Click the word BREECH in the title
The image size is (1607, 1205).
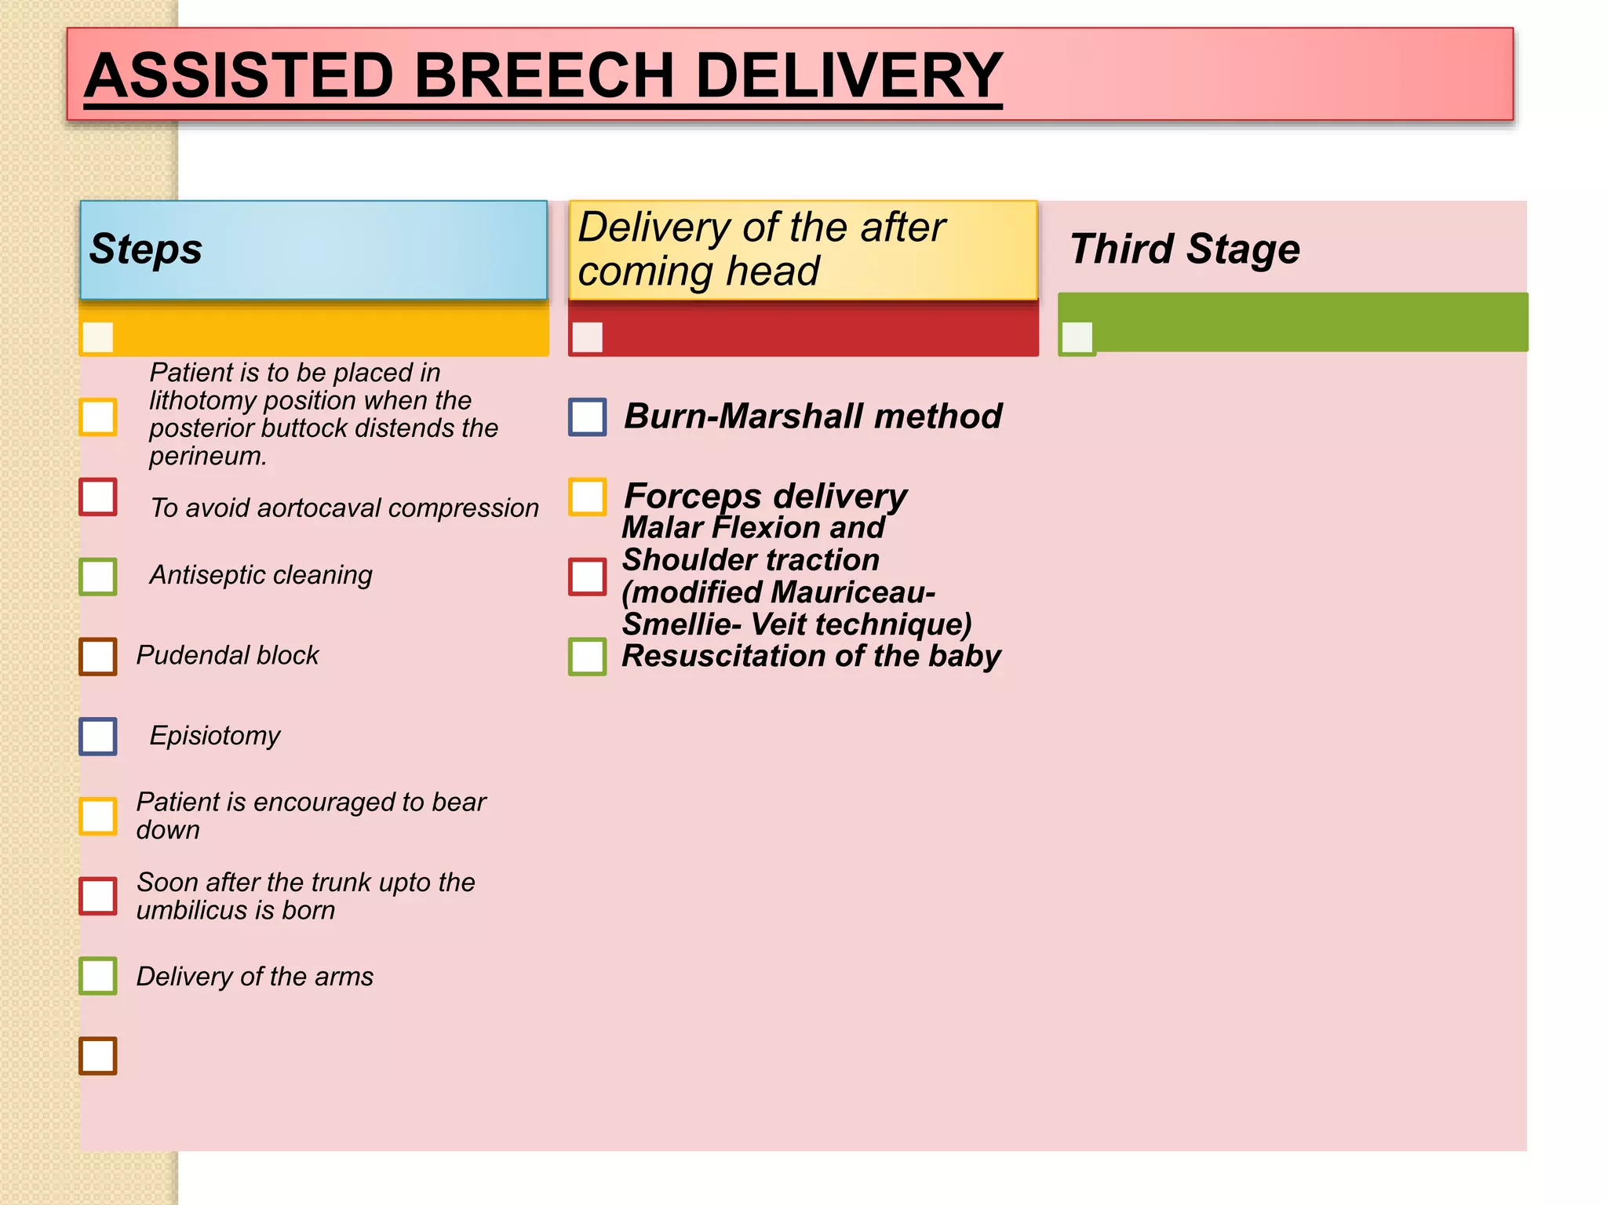tap(543, 75)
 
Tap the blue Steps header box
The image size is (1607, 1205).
tap(313, 249)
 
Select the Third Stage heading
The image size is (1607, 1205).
tap(1184, 249)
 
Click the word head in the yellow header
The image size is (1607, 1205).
tap(772, 271)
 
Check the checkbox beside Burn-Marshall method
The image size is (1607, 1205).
tap(587, 417)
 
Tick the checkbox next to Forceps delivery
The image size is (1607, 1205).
tap(587, 497)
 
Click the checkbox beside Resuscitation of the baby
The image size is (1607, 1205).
tap(587, 657)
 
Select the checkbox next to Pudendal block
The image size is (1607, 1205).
tap(98, 657)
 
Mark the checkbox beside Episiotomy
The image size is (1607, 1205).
tap(98, 737)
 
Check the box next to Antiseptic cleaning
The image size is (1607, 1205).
tap(98, 577)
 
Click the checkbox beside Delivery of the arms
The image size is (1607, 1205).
tap(98, 976)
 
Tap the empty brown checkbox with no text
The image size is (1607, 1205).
tap(98, 1056)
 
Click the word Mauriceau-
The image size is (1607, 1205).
tap(858, 592)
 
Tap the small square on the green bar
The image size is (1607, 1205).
tap(1077, 338)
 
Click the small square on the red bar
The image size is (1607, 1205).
tap(587, 338)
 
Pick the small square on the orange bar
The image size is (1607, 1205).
tap(98, 338)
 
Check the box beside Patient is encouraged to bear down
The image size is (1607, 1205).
tap(98, 817)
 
